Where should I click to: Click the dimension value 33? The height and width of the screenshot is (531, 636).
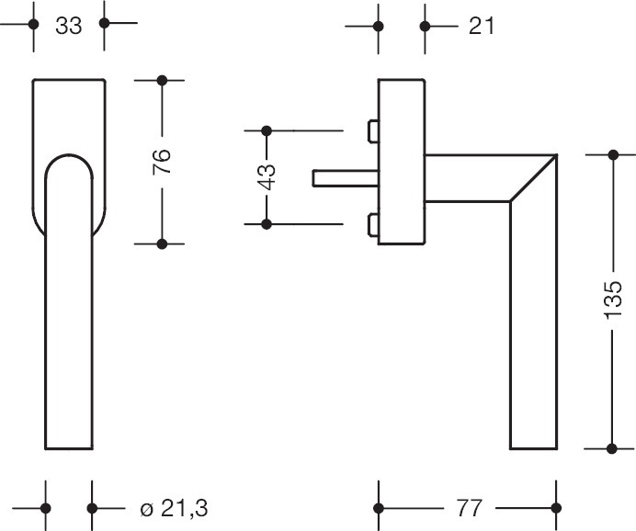click(x=68, y=25)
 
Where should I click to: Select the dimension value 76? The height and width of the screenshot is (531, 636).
click(x=161, y=162)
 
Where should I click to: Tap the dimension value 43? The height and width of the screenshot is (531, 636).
click(x=266, y=176)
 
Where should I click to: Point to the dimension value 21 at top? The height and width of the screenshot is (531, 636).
click(x=481, y=25)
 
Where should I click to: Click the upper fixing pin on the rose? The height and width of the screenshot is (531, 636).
click(x=372, y=131)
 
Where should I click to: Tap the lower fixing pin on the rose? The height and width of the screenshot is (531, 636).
click(x=372, y=224)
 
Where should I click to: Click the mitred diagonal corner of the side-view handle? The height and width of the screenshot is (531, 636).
click(x=534, y=177)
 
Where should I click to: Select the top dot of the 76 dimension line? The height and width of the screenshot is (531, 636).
click(x=162, y=81)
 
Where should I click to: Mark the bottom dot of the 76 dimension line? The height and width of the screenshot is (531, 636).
click(x=162, y=243)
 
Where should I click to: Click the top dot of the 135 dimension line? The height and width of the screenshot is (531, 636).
click(x=614, y=154)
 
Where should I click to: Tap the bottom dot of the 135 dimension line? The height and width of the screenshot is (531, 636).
click(x=614, y=448)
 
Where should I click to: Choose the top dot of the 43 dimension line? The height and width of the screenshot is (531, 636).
click(x=267, y=130)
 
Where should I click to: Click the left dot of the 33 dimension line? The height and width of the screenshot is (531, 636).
click(x=33, y=24)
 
